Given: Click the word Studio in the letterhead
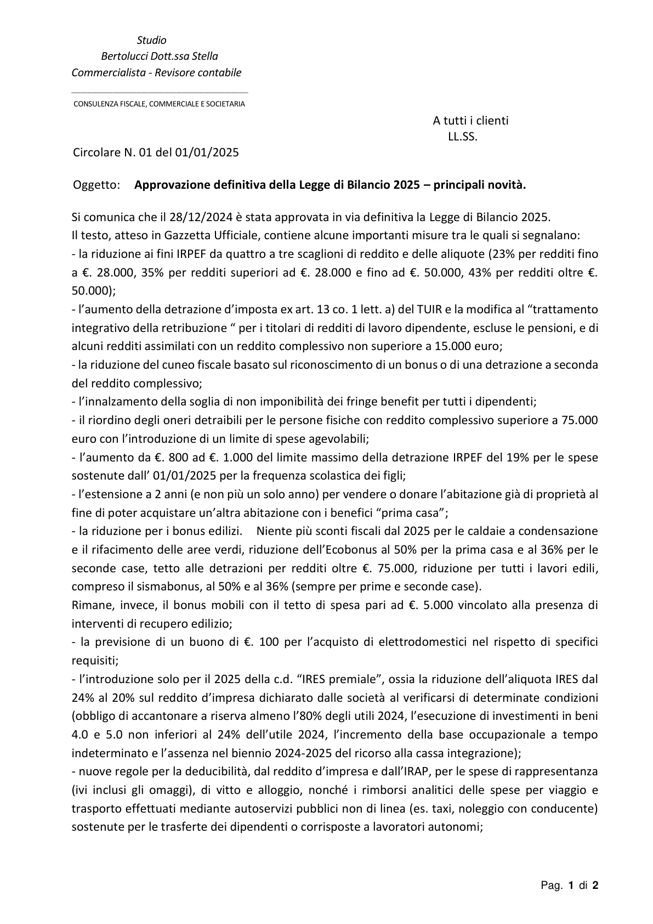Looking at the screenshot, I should (151, 40).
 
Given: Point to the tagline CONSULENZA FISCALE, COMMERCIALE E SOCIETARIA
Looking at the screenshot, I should (160, 104).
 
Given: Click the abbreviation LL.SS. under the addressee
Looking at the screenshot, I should (463, 137).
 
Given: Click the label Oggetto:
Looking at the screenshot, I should (96, 185).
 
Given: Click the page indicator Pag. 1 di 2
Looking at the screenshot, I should (569, 885).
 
